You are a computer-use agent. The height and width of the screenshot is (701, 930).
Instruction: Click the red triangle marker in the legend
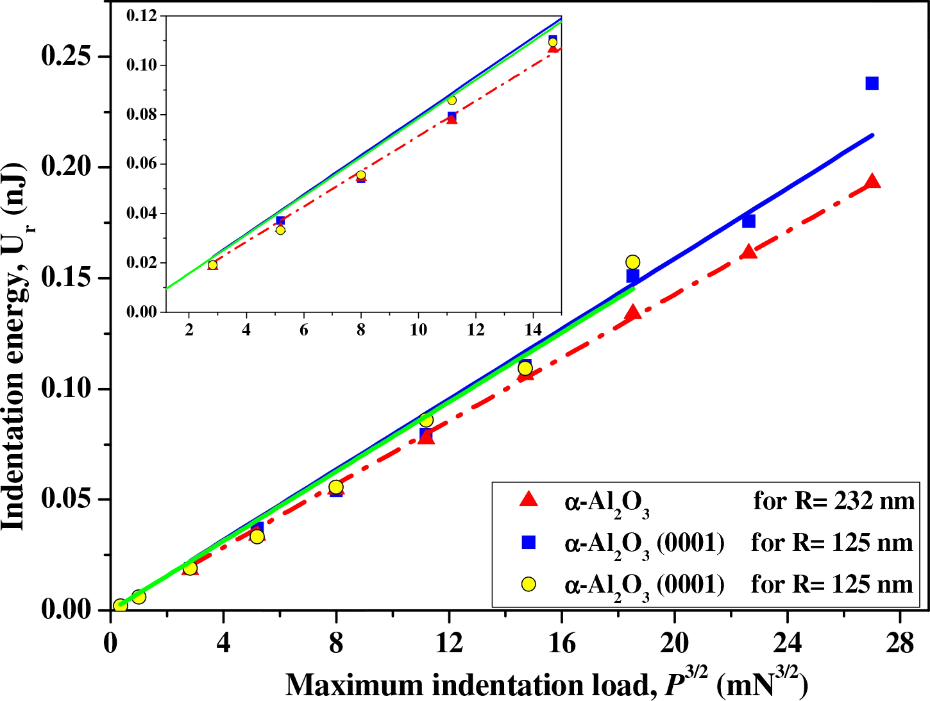tap(528, 500)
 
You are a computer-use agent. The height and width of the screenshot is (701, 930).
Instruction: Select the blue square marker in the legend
tap(528, 543)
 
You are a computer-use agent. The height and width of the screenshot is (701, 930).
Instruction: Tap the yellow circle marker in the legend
tap(528, 584)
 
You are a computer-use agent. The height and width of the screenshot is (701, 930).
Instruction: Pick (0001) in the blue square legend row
tap(690, 543)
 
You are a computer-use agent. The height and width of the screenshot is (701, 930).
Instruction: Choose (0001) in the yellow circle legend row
tap(690, 584)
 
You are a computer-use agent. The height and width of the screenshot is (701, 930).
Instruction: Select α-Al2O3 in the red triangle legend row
tap(607, 503)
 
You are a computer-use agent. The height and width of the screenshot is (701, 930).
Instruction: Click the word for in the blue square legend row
tap(768, 543)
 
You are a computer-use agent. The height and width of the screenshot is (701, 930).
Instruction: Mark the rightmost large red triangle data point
tap(872, 182)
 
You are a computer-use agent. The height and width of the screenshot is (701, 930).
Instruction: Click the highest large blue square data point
tap(872, 83)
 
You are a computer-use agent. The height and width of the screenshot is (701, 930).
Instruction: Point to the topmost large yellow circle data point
tap(633, 262)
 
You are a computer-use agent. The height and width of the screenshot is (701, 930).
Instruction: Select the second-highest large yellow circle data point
tap(525, 368)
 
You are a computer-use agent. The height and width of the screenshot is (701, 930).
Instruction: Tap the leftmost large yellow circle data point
tap(120, 605)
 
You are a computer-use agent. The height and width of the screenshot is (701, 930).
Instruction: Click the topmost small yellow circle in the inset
tap(553, 42)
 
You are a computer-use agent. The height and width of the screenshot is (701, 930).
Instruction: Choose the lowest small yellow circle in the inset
tap(213, 265)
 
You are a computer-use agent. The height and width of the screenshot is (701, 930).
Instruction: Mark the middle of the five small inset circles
tap(361, 174)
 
